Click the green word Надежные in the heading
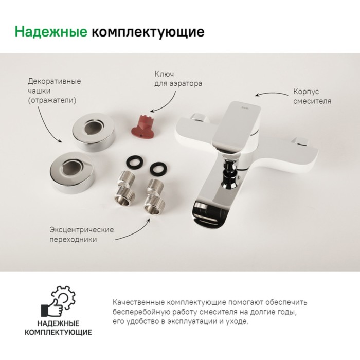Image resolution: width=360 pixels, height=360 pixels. tap(51, 31)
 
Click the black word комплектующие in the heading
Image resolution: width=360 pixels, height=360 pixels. tap(148, 32)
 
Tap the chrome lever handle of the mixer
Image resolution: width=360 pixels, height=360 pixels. tap(237, 125)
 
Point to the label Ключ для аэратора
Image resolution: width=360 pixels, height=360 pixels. tap(178, 79)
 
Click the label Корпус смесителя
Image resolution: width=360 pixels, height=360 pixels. tap(312, 96)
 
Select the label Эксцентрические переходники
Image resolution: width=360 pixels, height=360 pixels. tap(82, 235)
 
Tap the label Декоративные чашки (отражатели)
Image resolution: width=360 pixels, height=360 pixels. tap(54, 91)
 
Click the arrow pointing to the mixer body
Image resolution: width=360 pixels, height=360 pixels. tap(272, 94)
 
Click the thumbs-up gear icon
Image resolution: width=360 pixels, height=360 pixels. tap(58, 301)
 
